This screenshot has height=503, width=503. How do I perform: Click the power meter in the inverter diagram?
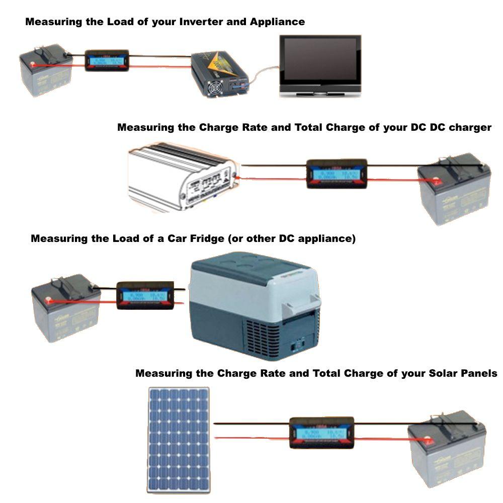(x=107, y=60)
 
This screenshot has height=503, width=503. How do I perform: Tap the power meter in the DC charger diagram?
(x=337, y=174)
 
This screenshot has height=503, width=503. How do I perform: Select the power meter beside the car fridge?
(x=145, y=295)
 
